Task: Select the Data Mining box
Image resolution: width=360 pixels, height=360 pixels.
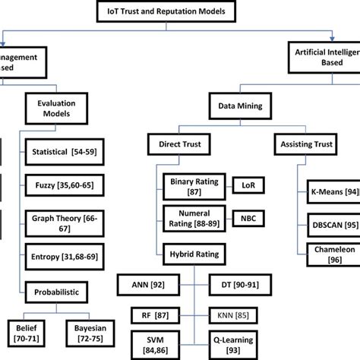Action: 243,109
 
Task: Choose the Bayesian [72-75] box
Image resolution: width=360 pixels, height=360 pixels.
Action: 102,331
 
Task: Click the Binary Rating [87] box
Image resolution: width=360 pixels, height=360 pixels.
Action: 191,186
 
